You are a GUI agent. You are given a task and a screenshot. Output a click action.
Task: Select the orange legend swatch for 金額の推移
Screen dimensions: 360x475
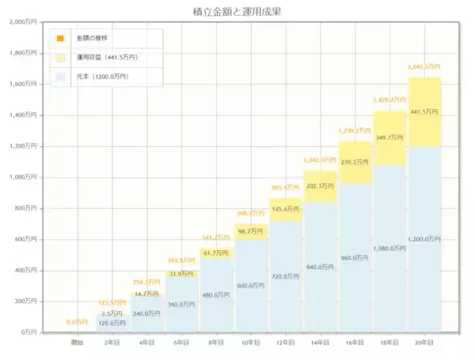60,38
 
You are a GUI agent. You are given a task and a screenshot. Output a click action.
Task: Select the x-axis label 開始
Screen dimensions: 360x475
77,343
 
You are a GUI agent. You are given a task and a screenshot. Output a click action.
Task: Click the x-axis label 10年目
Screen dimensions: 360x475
250,343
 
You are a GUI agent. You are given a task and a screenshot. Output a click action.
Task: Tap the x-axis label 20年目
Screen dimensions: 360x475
424,343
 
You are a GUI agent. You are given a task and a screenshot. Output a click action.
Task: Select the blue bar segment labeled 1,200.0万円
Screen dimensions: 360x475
424,237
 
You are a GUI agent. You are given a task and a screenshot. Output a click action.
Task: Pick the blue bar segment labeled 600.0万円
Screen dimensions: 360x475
250,286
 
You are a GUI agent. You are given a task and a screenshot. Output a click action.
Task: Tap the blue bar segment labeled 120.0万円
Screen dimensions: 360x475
112,323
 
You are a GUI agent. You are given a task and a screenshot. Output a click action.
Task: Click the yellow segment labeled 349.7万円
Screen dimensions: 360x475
389,137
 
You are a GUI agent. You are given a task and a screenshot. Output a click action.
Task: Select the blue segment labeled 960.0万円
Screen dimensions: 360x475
355,257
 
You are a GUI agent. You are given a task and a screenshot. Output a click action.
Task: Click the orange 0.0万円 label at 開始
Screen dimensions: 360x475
77,322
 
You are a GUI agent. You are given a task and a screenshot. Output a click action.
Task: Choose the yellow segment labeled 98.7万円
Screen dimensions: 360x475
250,230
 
